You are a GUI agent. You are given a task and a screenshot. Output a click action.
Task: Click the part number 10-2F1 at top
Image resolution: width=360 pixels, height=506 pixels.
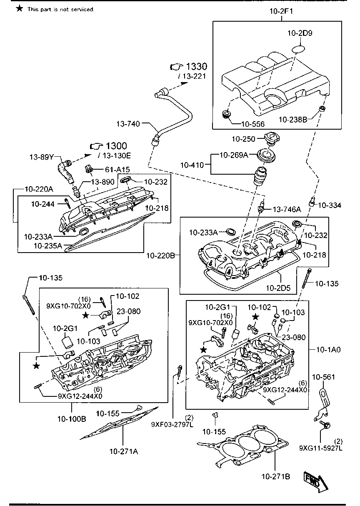[282, 12]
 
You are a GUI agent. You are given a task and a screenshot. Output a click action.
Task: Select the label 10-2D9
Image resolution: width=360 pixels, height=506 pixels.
[299, 33]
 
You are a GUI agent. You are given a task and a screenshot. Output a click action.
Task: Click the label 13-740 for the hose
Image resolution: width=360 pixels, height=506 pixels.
[129, 124]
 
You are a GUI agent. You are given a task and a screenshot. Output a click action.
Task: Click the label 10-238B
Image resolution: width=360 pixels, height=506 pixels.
[292, 120]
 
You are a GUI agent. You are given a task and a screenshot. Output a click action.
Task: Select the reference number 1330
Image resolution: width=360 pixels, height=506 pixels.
[196, 67]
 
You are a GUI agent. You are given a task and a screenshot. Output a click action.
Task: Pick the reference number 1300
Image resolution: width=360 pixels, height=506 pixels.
[116, 146]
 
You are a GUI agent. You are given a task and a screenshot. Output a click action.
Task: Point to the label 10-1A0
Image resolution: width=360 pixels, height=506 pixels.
[329, 350]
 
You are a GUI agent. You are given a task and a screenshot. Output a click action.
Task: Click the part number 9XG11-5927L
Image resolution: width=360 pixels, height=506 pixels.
[320, 448]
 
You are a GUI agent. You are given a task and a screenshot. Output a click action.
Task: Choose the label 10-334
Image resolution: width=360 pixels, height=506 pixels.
[329, 205]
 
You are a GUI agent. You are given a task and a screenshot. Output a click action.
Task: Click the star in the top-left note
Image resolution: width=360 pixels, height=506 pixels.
[19, 9]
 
